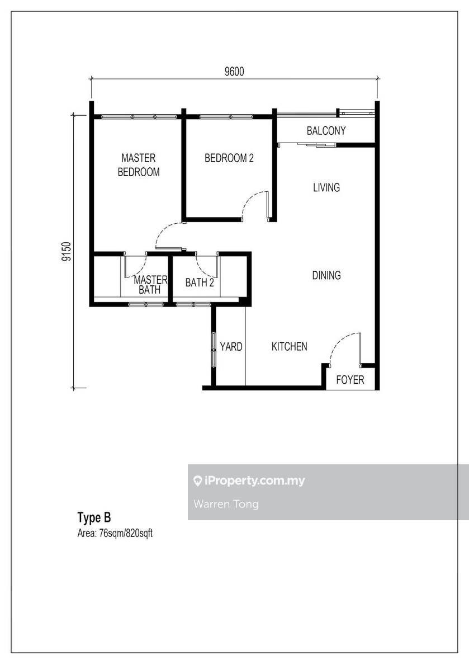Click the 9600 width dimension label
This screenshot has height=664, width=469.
pos(234,71)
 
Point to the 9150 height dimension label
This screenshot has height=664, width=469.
pos(67,251)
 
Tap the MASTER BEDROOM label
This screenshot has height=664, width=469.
pos(138,165)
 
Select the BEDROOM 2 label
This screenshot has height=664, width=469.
pos(229,158)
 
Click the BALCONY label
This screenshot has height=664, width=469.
pos(326,131)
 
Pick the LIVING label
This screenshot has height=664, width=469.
pos(326,187)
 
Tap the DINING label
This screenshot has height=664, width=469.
pos(326,275)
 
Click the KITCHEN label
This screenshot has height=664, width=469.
pos(289,347)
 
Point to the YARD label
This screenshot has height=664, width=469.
pos(231,347)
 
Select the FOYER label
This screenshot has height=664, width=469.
pos(350,380)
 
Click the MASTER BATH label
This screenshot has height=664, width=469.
pos(150,285)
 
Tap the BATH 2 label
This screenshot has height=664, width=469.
pos(200,283)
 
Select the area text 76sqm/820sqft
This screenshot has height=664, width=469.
pos(115,533)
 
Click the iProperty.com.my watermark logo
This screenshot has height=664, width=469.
pos(249,481)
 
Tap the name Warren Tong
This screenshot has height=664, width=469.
pos(226,504)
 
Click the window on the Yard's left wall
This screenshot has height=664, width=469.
pos(214,350)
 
